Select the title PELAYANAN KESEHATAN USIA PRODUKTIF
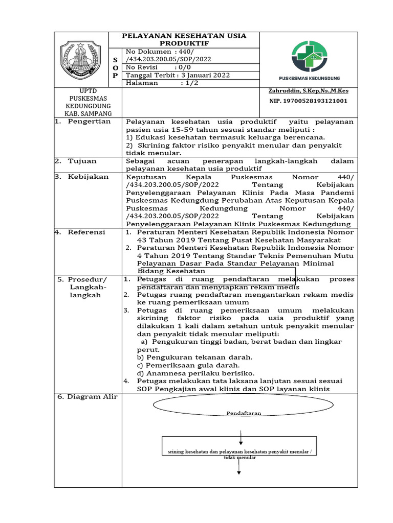(x=184, y=39)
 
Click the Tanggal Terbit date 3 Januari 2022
(x=178, y=75)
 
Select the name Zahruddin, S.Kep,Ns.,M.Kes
(x=308, y=91)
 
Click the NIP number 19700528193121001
(x=308, y=101)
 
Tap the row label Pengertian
(x=89, y=122)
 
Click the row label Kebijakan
(x=88, y=177)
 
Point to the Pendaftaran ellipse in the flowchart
(x=237, y=412)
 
